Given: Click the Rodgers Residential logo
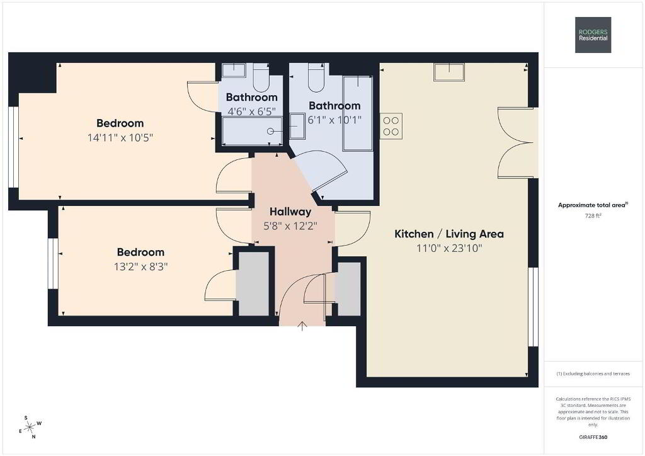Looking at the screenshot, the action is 593,35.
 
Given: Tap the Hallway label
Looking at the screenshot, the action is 290,212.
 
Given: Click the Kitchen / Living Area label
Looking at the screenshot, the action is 448,234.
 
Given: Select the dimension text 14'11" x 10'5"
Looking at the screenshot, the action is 120,137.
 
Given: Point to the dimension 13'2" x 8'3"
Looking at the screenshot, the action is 140,266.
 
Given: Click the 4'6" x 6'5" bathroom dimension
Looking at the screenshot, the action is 252,111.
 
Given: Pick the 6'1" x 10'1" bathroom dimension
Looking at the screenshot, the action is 334,120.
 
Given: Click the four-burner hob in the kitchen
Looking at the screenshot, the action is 391,126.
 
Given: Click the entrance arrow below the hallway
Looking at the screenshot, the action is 302,326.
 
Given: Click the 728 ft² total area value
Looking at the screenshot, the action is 593,215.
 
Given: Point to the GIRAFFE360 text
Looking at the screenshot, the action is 593,437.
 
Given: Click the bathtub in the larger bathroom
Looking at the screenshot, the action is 358,113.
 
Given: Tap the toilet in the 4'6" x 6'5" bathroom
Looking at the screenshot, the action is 260,77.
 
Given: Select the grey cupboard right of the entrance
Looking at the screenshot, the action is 349,289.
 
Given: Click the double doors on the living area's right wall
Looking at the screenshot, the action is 517,143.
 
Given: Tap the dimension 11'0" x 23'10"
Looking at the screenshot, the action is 448,248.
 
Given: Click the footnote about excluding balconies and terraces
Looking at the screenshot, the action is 593,373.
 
